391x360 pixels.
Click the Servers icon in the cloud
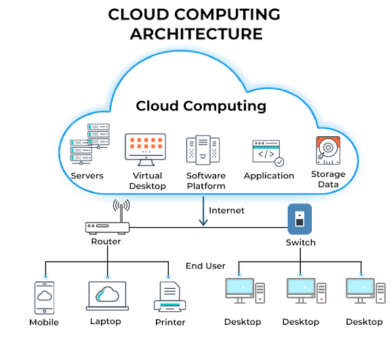[x=89, y=144]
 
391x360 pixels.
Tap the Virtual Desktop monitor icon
[x=146, y=150]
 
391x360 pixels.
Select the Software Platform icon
[x=203, y=150]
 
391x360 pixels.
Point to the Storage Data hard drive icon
[x=328, y=151]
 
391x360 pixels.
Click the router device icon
[x=107, y=228]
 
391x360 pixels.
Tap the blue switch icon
[x=300, y=219]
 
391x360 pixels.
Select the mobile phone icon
[x=45, y=298]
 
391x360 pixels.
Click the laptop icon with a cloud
[x=107, y=296]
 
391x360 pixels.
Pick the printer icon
[x=170, y=297]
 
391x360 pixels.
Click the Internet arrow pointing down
[x=203, y=211]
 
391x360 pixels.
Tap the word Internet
[x=226, y=211]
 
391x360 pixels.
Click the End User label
[x=205, y=266]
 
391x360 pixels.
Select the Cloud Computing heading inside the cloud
[x=201, y=106]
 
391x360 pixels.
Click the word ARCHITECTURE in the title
[x=197, y=34]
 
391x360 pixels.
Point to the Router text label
[x=106, y=241]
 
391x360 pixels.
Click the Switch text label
[x=301, y=243]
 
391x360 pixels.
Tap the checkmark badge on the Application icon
[x=279, y=162]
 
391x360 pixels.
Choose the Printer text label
[x=170, y=322]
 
